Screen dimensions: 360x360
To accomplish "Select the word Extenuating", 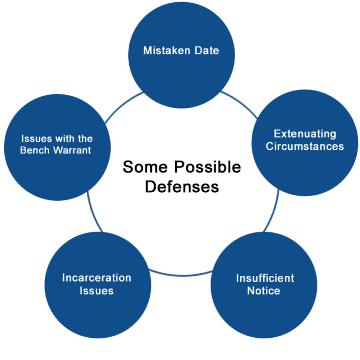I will tap(304, 134).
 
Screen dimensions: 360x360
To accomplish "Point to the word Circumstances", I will tap(304, 146).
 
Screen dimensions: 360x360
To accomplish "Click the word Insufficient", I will tap(265, 278).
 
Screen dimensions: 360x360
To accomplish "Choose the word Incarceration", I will tap(96, 278).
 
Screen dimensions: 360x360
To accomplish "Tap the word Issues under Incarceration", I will tap(96, 291).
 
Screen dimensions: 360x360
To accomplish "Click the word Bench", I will tap(34, 150).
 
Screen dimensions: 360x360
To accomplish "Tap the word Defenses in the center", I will tap(182, 187).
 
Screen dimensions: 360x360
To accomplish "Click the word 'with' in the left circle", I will tap(65, 139).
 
